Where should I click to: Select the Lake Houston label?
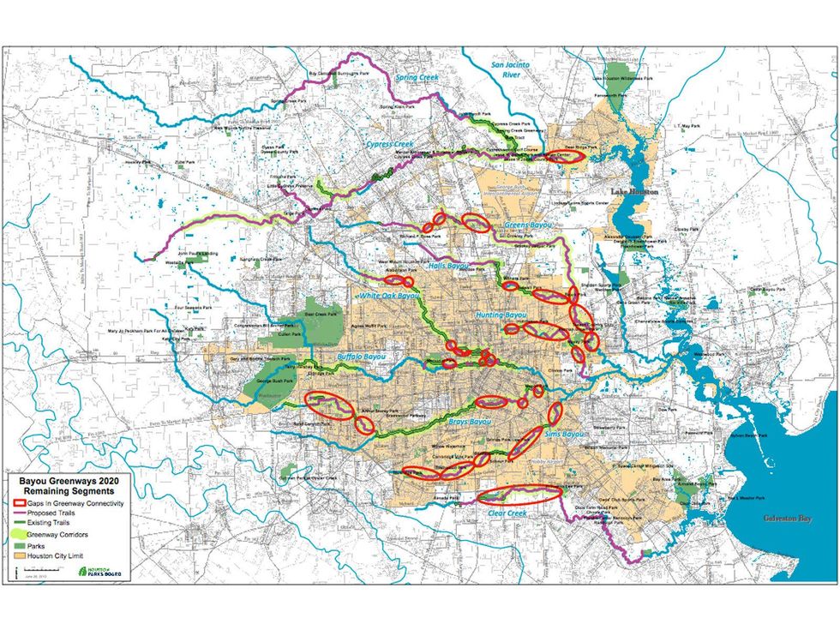[633, 192]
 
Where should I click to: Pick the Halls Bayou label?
[448, 266]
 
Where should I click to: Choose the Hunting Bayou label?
[501, 315]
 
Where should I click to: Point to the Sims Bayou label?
[564, 435]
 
